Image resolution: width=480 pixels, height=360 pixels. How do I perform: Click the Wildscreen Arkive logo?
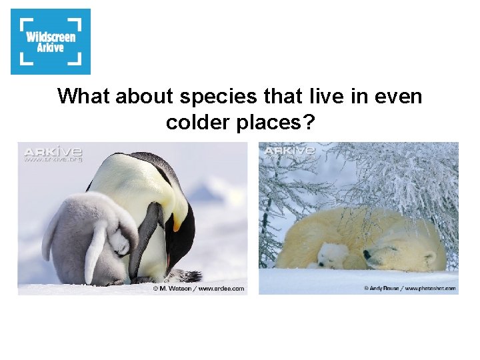[51, 41]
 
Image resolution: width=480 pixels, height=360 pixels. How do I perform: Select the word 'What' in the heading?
[84, 97]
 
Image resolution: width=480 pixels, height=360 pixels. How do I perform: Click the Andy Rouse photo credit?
[410, 288]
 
